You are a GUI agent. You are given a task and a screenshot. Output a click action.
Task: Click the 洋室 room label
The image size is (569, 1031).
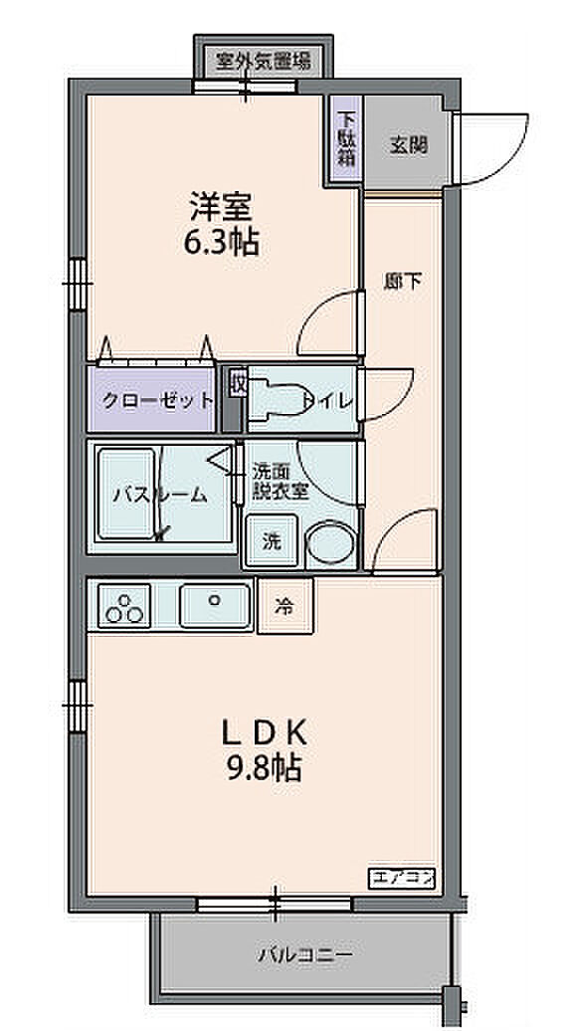pos(222,206)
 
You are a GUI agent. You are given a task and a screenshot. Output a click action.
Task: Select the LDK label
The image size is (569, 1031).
pos(265,733)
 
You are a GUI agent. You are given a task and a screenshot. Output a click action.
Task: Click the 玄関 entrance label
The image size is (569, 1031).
pos(409,144)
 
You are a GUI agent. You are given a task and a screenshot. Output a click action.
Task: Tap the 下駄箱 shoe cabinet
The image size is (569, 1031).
pos(345,139)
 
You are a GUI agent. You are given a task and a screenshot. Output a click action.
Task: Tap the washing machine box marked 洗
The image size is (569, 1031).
pos(272,540)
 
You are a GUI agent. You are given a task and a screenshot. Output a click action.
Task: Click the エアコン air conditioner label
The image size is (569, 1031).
pos(402,877)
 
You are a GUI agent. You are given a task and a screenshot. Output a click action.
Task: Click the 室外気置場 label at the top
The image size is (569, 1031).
pos(265,62)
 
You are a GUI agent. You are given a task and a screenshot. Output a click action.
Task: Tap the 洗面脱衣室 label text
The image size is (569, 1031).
pos(282,483)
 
